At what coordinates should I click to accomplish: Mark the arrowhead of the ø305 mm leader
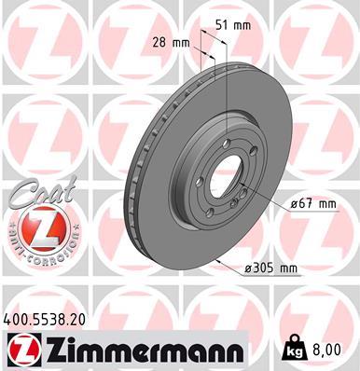tap(215, 260)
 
